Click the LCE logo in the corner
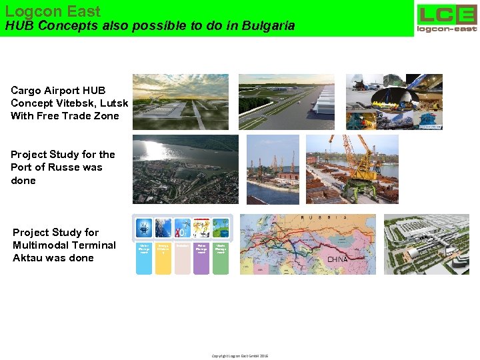click(447, 18)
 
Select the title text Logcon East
click(53, 11)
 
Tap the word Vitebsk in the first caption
click(81, 103)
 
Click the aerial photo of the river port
click(185, 169)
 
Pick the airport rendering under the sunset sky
click(180, 101)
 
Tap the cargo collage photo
click(394, 101)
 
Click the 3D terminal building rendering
click(427, 244)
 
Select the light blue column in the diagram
click(144, 257)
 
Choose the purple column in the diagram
click(201, 257)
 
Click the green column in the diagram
click(221, 257)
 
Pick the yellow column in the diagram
click(163, 257)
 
